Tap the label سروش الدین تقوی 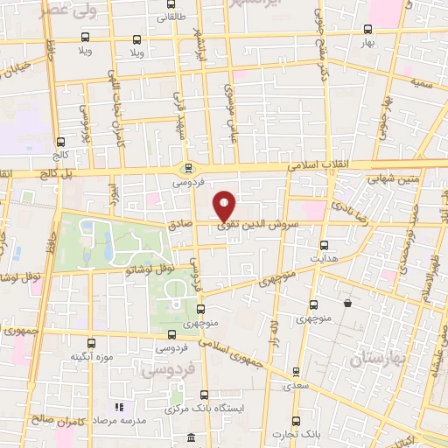pos(262,223)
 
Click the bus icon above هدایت pos(325,245)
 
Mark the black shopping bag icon pos(348,304)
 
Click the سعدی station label pos(297,383)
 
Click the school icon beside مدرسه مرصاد pos(120,407)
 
